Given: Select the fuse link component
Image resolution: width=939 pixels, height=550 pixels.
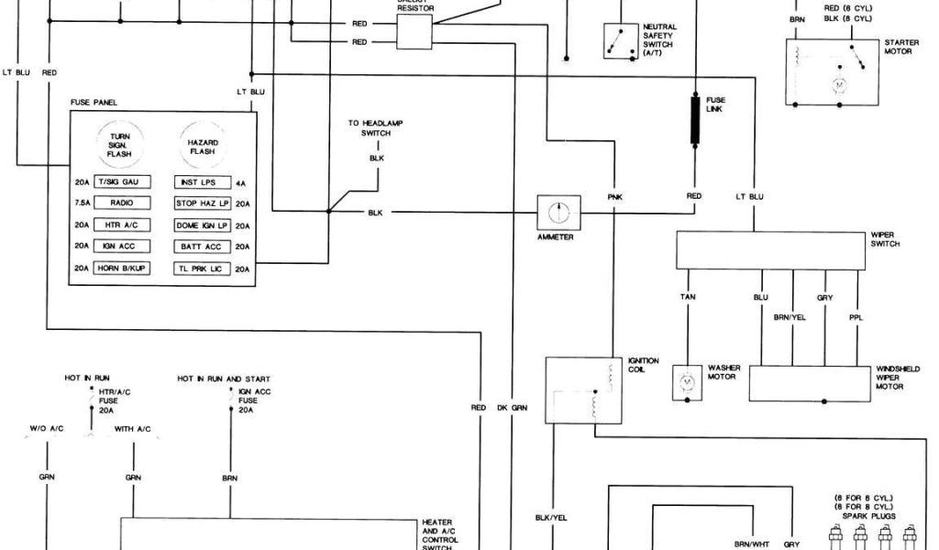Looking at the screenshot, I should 697,121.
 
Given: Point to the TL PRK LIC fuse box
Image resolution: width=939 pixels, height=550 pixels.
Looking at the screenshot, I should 202,269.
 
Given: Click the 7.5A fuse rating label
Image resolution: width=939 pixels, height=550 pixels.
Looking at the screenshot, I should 83,203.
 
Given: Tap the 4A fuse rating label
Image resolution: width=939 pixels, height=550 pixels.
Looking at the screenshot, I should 241,183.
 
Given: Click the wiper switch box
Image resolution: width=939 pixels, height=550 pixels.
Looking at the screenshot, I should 768,250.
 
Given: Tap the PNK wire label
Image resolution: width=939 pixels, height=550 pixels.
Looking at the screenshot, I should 614,196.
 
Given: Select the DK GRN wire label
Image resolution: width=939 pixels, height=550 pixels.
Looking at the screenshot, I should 513,407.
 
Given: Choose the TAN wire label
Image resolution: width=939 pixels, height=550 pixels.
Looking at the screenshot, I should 687,297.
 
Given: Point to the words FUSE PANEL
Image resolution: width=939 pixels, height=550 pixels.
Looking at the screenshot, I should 94,102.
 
